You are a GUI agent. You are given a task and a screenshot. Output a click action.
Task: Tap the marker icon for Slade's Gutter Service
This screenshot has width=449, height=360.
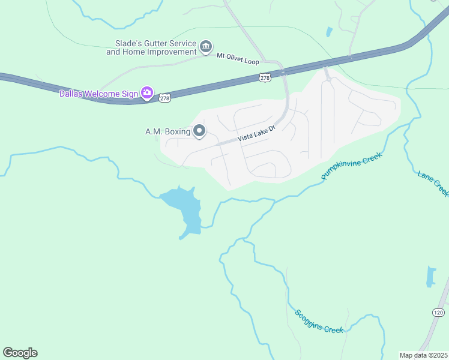[x=206, y=47]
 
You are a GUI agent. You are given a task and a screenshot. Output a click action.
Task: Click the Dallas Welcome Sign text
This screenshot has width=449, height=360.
[x=98, y=93]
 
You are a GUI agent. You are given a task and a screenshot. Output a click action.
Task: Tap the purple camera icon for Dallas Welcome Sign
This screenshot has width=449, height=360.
[x=146, y=92]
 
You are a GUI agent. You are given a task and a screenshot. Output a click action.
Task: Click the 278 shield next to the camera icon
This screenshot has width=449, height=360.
[x=165, y=97]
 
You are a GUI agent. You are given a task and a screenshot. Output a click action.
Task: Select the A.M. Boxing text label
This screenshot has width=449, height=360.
[x=167, y=131]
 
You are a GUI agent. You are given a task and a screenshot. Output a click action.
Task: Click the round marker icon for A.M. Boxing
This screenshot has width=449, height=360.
[x=199, y=131]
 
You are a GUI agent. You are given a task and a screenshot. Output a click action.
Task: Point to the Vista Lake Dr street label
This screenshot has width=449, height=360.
[x=256, y=133]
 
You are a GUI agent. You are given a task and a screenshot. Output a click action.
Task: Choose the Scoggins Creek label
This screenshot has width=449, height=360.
[x=319, y=321]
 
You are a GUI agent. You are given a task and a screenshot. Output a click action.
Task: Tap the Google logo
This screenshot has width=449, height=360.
[x=20, y=353]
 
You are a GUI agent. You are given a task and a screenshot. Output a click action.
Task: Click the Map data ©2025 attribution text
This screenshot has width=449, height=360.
[x=424, y=355]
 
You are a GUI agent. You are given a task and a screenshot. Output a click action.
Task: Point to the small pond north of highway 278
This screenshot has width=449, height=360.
[x=329, y=32]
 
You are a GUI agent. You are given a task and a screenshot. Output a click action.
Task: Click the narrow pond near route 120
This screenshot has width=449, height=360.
[x=430, y=277]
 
